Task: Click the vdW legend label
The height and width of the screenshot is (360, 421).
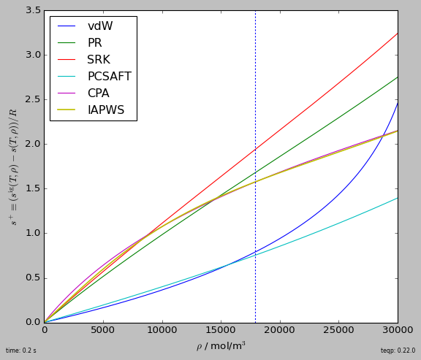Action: coord(100,26)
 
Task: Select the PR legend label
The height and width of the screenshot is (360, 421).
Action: coord(95,42)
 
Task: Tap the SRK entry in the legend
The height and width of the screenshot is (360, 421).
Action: coord(99,60)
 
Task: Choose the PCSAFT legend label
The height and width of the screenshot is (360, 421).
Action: coord(110,77)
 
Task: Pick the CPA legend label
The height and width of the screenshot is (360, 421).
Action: coord(98,93)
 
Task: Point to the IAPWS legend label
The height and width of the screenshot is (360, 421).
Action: coord(106,110)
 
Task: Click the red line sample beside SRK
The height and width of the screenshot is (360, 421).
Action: coord(67,60)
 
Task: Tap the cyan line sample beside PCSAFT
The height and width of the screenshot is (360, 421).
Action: coord(67,77)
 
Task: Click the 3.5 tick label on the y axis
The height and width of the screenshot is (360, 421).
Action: coord(34,10)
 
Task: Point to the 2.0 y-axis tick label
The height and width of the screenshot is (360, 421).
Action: coord(34,144)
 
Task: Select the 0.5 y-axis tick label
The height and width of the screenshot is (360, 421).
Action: coord(34,277)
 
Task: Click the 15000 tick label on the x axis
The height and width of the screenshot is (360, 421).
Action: coord(221,329)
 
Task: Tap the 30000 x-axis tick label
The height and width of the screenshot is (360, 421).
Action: coord(398,329)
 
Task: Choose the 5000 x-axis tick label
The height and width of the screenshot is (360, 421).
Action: coord(103,329)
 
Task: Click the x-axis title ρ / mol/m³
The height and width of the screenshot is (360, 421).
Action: coord(221,346)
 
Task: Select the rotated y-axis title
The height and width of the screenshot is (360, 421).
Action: coord(13,166)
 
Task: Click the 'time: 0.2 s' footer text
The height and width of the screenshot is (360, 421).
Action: coord(21,351)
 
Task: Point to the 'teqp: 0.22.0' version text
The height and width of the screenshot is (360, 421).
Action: coord(398,351)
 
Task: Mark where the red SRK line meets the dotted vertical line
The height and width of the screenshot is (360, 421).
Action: coord(255,149)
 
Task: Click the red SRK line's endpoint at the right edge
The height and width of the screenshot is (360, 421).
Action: coord(398,33)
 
